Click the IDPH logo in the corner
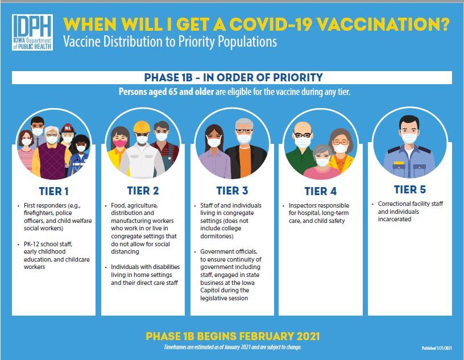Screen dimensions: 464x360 32,32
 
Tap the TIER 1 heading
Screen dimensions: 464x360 54,191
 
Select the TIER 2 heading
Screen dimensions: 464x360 143,191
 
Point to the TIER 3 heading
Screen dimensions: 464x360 233,191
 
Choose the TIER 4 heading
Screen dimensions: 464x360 321,191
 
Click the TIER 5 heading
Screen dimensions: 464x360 410,189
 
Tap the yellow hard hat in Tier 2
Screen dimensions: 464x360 142,127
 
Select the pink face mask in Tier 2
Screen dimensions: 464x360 120,143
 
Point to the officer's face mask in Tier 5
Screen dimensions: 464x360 409,138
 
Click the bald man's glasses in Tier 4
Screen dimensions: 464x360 303,135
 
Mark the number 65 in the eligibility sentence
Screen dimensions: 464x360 173,92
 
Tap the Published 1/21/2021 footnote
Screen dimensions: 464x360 437,348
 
